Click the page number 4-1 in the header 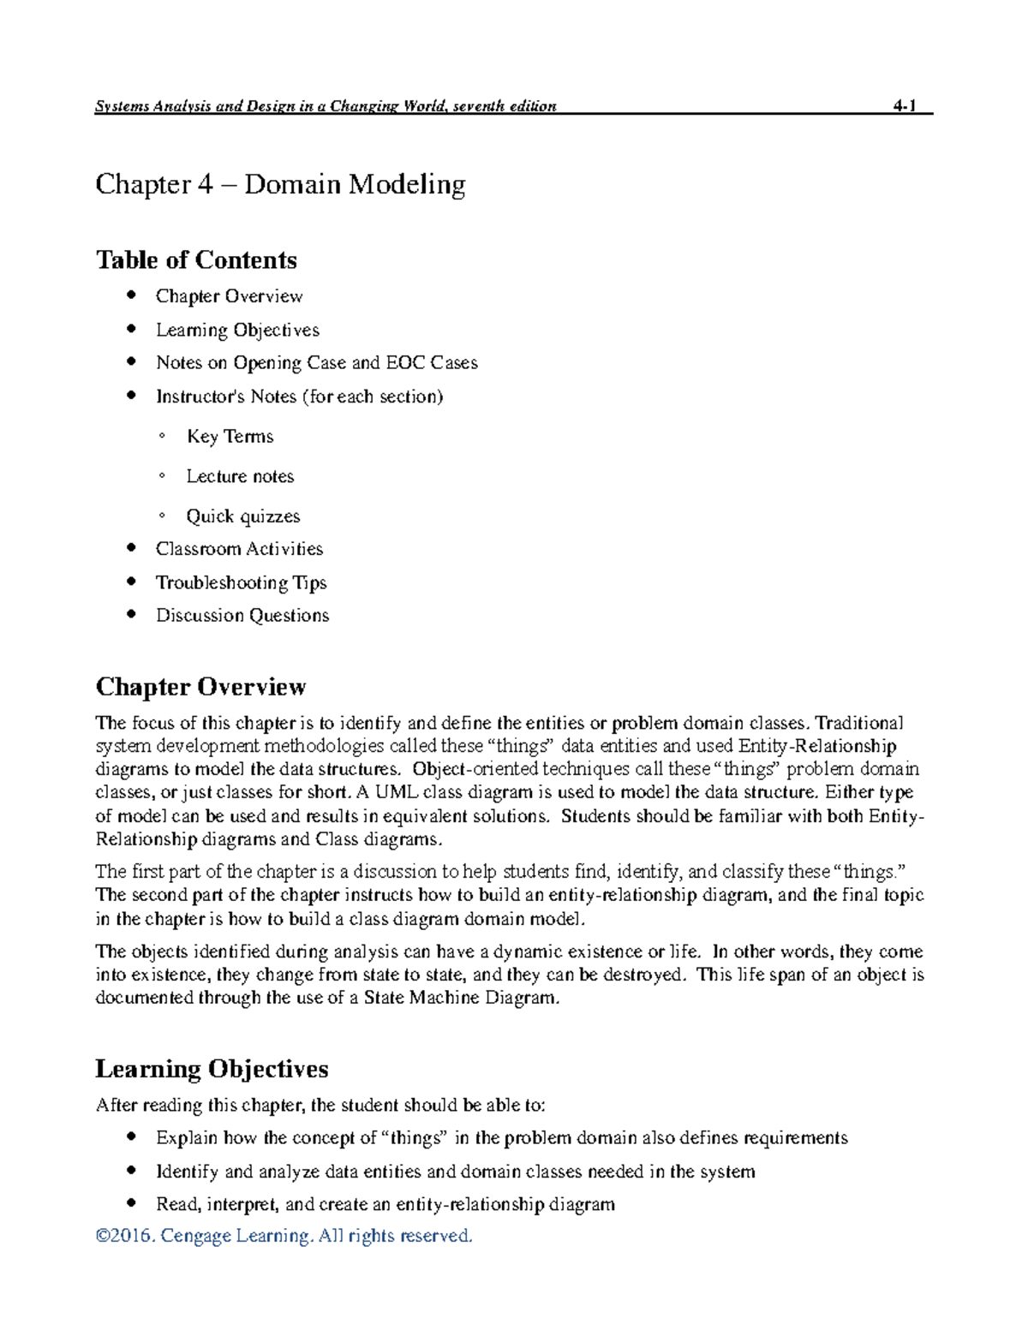[x=904, y=106]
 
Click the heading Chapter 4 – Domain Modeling [x=280, y=184]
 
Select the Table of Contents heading [x=196, y=259]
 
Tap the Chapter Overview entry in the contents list [x=229, y=296]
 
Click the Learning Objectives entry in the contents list [x=237, y=330]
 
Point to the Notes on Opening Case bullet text [x=316, y=363]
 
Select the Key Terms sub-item [x=230, y=437]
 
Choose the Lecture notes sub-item [x=240, y=476]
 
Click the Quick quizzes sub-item [x=243, y=516]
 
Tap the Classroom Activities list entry [x=239, y=549]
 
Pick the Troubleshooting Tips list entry [x=241, y=583]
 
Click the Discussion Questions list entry [x=242, y=616]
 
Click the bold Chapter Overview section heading [x=200, y=687]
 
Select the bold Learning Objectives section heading [x=212, y=1069]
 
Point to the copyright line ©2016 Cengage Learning [x=284, y=1236]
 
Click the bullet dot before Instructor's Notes [x=131, y=396]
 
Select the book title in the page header [x=326, y=106]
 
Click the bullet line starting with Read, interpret [x=385, y=1204]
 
